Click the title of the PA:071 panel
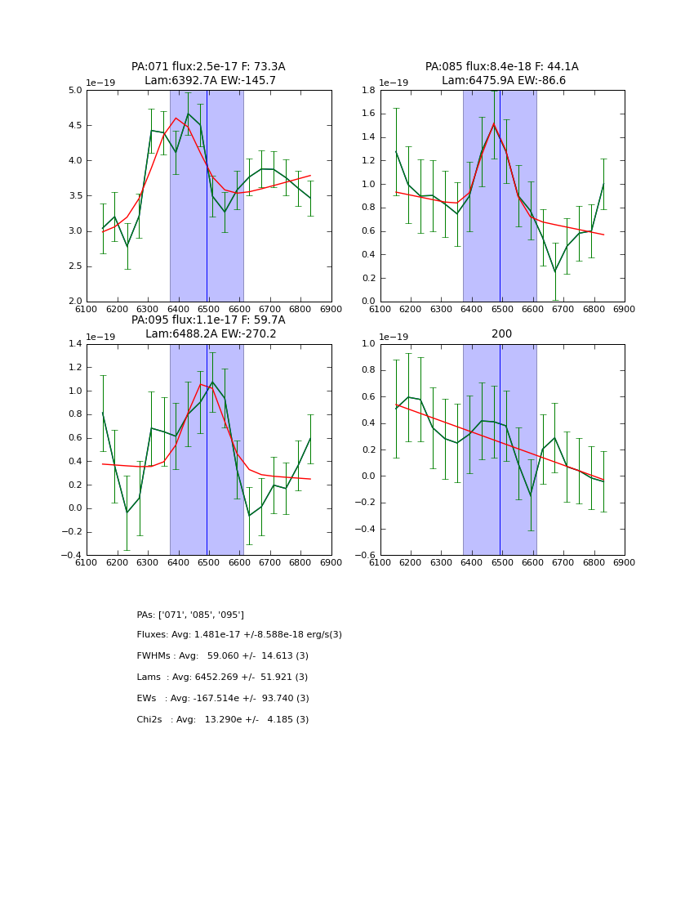click(208, 67)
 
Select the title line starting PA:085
click(501, 67)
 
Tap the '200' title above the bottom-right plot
click(501, 334)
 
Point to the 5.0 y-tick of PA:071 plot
click(74, 91)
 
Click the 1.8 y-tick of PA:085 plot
click(368, 91)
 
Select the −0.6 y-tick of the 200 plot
click(365, 556)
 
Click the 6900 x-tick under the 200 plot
click(625, 562)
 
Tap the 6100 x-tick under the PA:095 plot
click(87, 562)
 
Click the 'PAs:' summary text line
click(190, 615)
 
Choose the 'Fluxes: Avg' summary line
click(239, 635)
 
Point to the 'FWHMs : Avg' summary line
click(222, 656)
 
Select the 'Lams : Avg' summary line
click(222, 678)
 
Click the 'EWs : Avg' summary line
click(222, 699)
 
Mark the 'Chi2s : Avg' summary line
click(222, 720)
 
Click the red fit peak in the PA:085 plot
click(493, 123)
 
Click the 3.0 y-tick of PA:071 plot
click(74, 231)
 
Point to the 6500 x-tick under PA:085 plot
click(502, 309)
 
